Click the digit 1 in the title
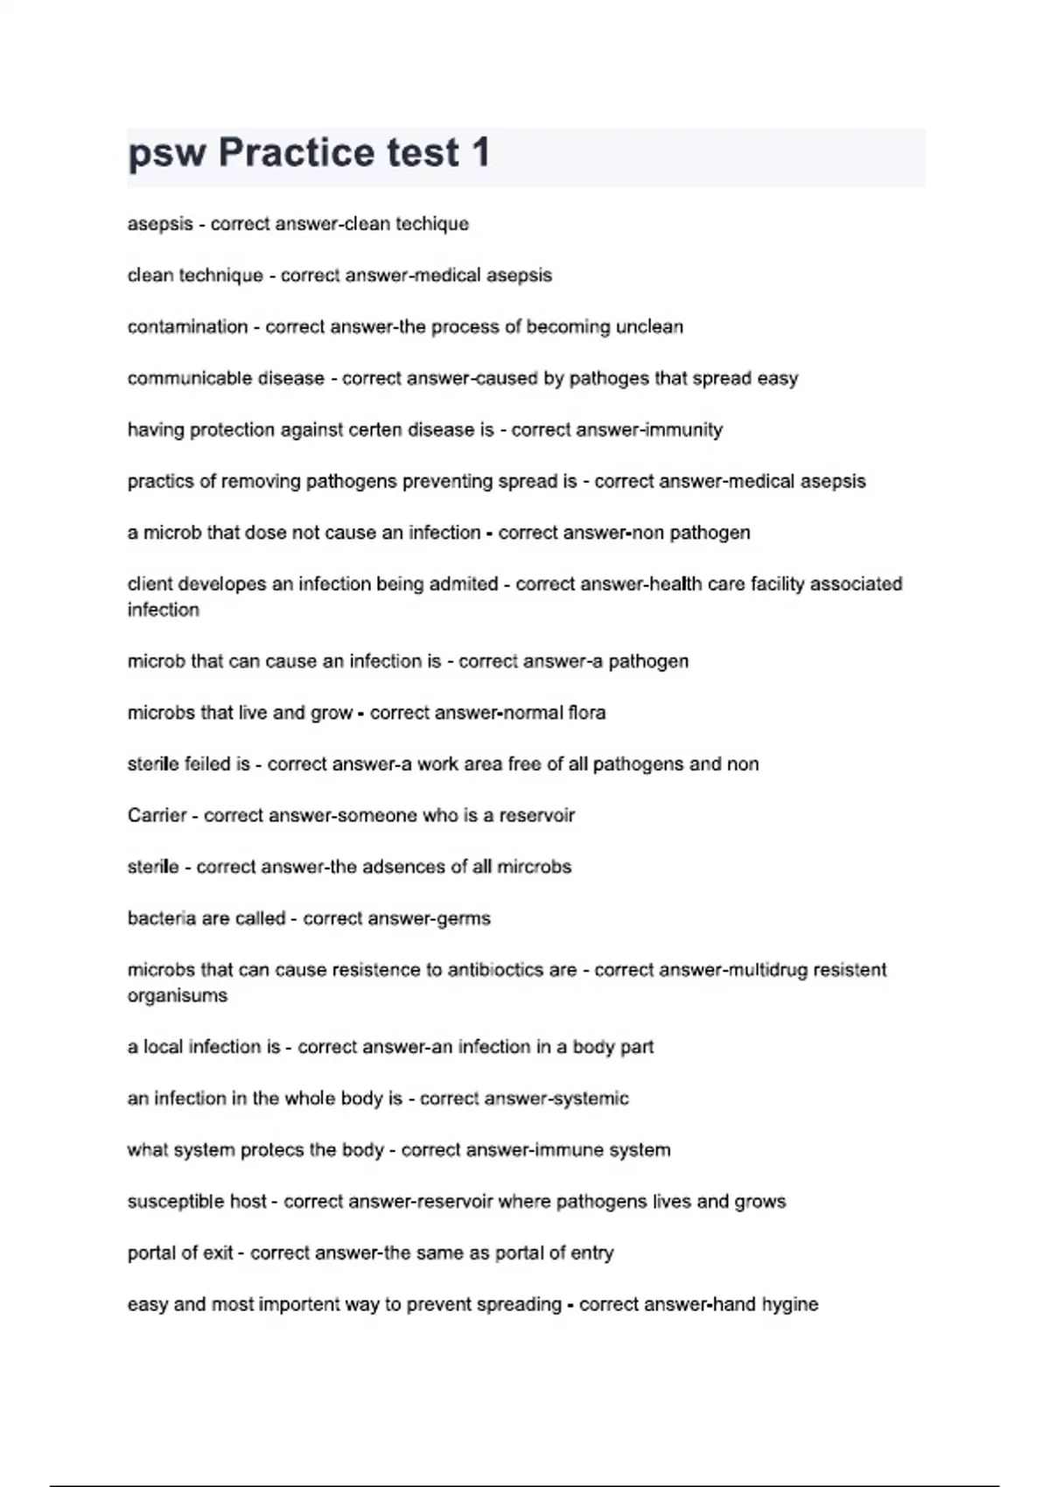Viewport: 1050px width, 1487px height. click(480, 153)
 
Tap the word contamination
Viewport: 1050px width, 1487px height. click(187, 327)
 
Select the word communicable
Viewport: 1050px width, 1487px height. click(180, 379)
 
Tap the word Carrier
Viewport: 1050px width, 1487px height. click(157, 815)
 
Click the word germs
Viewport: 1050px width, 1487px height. click(464, 918)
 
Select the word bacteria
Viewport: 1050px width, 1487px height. click(161, 918)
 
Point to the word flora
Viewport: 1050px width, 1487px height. click(586, 713)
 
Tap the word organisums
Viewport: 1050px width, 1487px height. click(177, 995)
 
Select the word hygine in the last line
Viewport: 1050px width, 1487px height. click(790, 1305)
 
